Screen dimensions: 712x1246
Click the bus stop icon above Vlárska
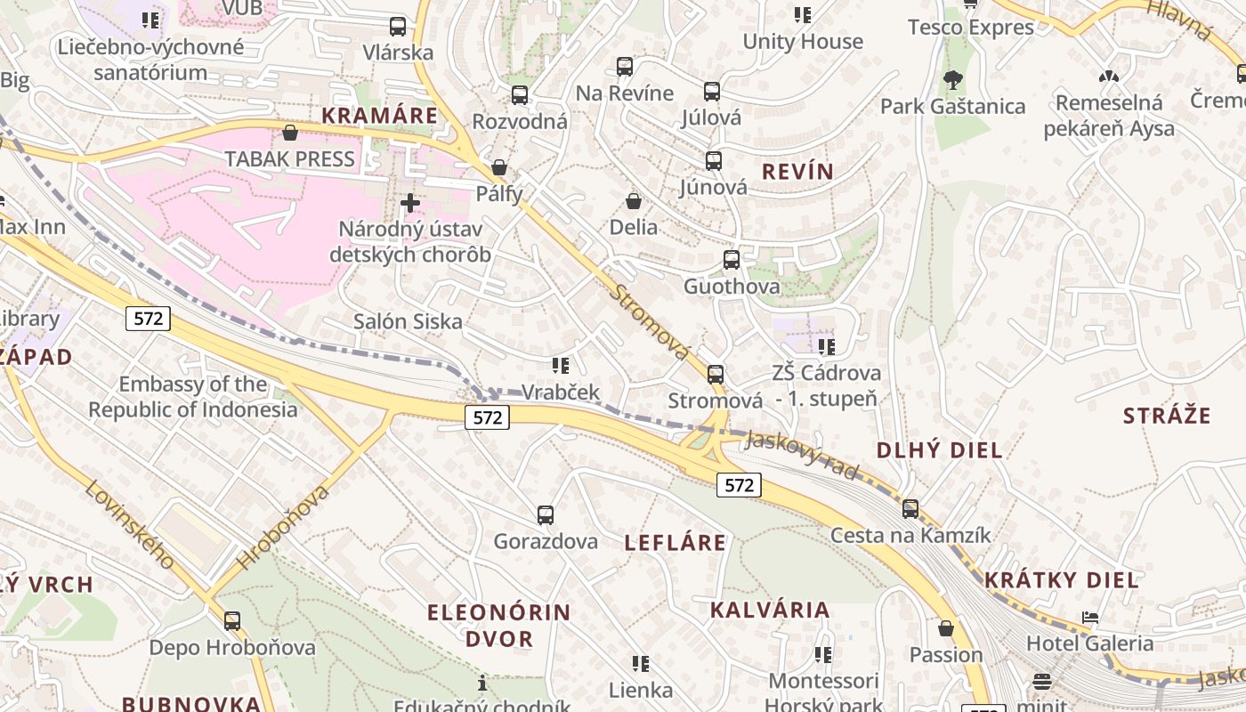point(398,27)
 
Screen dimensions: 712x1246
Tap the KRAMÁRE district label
point(380,116)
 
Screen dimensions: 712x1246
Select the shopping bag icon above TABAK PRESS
point(289,133)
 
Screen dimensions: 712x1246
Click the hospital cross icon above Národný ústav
point(409,203)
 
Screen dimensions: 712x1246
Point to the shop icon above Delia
point(634,201)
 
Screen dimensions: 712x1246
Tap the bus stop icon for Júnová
point(713,161)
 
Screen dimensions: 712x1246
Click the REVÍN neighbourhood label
point(798,172)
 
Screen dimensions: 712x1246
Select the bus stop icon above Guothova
point(731,260)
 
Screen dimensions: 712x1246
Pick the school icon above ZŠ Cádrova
point(826,346)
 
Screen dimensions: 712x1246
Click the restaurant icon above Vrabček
point(560,365)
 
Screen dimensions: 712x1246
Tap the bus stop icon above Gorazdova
point(546,514)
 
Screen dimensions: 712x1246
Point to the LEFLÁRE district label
point(676,543)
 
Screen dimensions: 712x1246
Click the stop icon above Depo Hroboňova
point(232,620)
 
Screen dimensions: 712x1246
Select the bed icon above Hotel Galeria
point(1089,617)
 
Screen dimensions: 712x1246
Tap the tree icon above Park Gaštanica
point(952,80)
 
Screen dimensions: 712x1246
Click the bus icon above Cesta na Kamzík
point(910,509)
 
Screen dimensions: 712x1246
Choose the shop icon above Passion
point(946,628)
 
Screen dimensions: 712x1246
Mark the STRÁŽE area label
point(1167,416)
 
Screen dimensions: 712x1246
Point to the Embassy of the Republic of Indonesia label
point(192,397)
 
